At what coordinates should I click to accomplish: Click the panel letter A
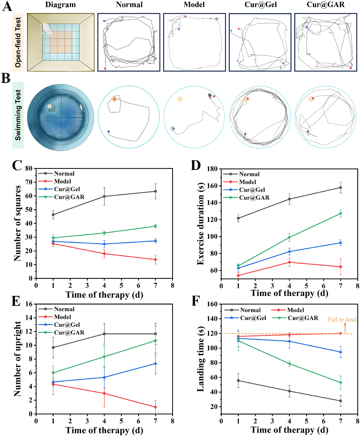point(6,6)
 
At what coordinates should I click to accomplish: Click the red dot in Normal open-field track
point(105,69)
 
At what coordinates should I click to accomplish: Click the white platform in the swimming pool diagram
point(49,106)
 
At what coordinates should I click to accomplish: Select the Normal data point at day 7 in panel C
point(155,191)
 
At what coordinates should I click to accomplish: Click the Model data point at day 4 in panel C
point(104,253)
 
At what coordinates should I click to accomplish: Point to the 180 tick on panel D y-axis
point(214,169)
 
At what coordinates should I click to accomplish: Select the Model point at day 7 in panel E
point(155,407)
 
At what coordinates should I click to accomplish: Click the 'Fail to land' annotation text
point(342,319)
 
